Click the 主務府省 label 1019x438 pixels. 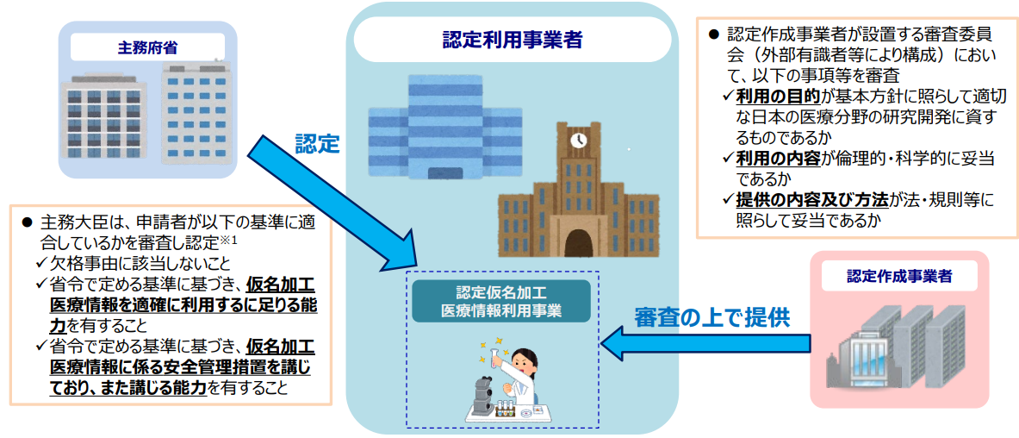tap(147, 47)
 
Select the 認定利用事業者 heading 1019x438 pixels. tap(510, 40)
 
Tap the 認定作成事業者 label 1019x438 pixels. tap(899, 277)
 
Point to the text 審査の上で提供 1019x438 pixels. tap(711, 316)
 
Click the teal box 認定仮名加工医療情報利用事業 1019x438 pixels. tap(500, 301)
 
